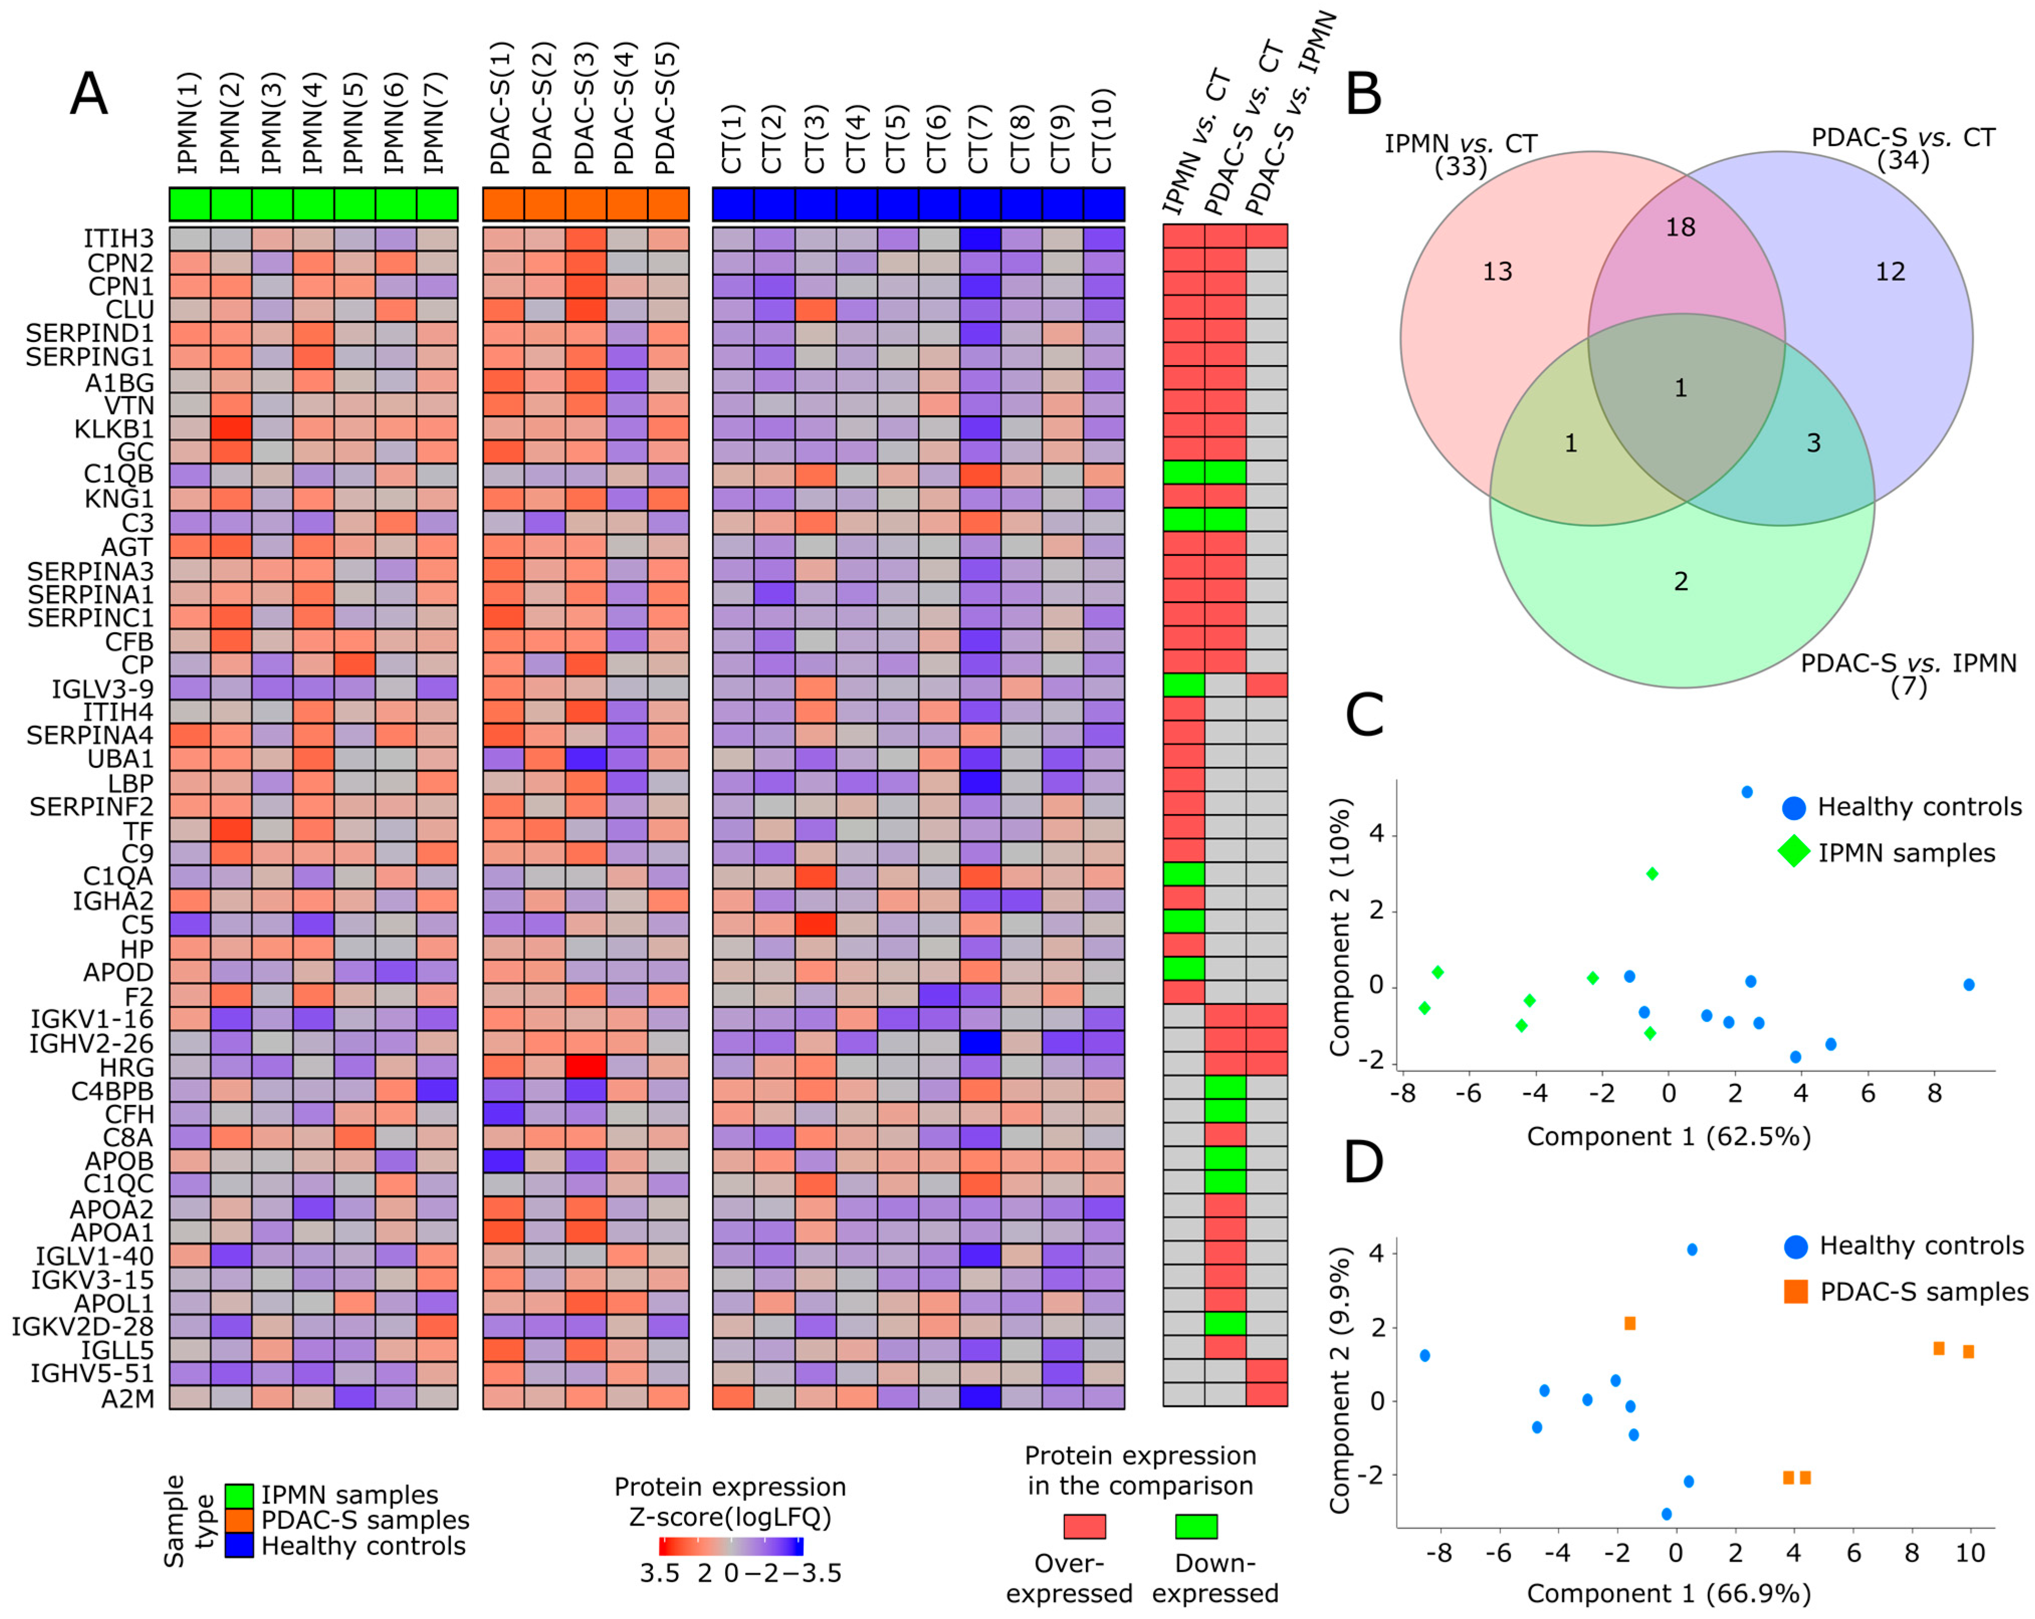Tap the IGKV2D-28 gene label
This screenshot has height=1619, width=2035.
coord(82,1326)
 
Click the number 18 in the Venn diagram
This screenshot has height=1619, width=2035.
coord(1680,227)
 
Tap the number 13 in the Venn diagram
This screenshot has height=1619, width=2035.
coord(1497,272)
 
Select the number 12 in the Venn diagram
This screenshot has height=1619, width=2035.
coord(1890,272)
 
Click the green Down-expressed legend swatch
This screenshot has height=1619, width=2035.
coord(1196,1527)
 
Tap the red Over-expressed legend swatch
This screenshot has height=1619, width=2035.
coord(1084,1527)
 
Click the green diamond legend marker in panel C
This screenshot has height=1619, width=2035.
coord(1793,852)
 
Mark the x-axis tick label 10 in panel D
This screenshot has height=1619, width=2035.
coord(1970,1553)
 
